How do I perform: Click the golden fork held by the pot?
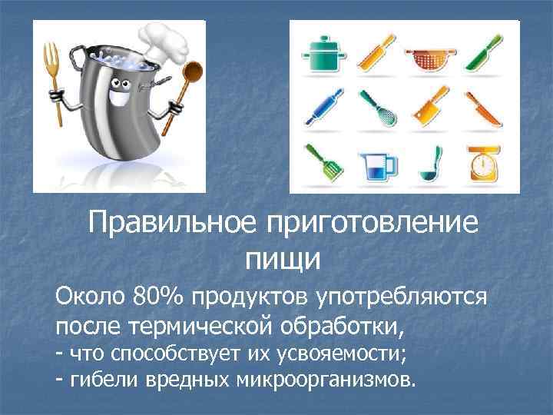(x=52, y=69)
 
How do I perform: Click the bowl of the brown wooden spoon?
(x=192, y=77)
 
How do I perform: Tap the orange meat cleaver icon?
(x=427, y=110)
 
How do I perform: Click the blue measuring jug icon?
(x=376, y=162)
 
